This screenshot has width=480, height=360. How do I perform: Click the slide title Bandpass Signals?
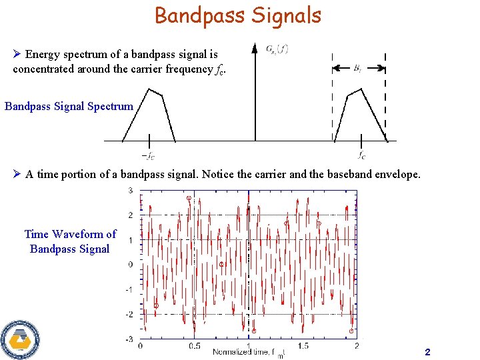238,15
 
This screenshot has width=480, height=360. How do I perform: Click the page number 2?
427,351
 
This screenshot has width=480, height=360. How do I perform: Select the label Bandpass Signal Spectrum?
69,106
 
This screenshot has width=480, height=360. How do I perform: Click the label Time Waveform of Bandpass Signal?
70,241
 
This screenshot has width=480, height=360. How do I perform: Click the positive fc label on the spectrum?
361,157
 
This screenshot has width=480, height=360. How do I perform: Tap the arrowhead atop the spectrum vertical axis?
255,48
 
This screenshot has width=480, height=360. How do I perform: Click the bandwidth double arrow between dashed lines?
359,67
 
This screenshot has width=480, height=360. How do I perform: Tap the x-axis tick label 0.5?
194,346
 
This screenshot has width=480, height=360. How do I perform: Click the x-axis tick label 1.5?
303,346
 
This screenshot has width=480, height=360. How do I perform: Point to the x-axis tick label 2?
357,346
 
